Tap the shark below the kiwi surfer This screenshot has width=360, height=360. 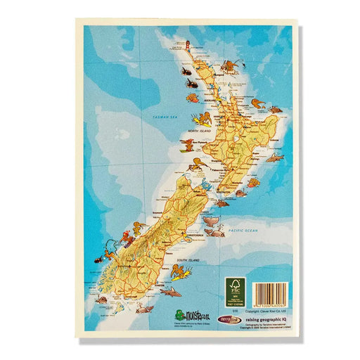(x=169, y=290)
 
